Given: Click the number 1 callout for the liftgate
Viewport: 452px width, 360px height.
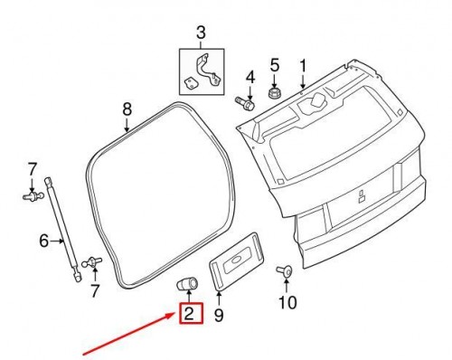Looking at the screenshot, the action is point(304,65).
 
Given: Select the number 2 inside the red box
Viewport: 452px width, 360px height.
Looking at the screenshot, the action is point(190,315).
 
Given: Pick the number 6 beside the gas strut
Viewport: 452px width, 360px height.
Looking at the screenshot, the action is point(43,241).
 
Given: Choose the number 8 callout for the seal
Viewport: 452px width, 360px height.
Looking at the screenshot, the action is point(127,110).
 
